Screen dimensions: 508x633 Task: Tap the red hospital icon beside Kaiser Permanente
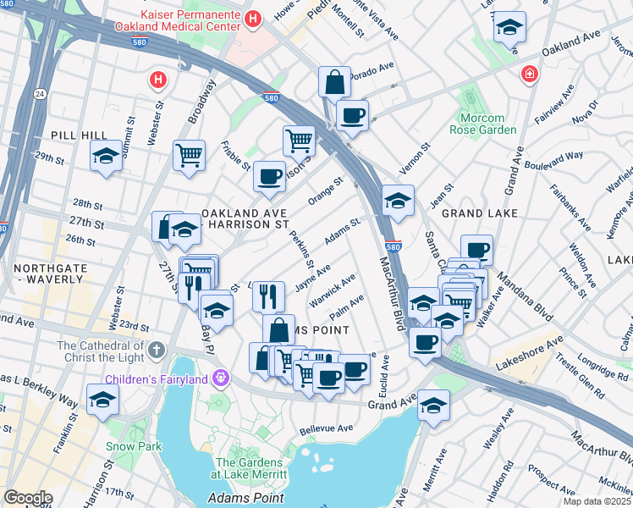(x=251, y=19)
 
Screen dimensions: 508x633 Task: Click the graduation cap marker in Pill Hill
(x=106, y=156)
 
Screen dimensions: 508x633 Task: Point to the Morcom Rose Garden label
(x=488, y=124)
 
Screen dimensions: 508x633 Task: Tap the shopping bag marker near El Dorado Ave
(x=335, y=83)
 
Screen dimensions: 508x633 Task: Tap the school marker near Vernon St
(x=397, y=201)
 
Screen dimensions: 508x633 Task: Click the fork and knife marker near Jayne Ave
(x=268, y=295)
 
